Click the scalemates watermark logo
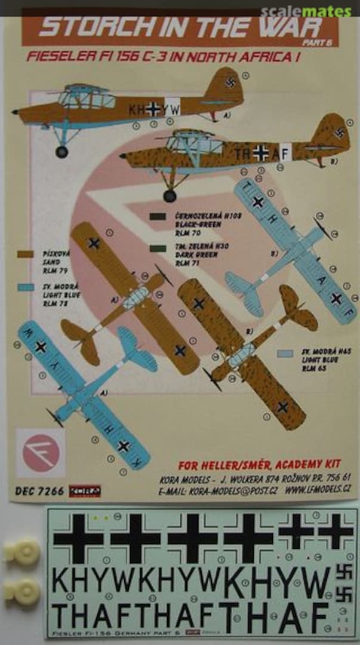click(x=314, y=11)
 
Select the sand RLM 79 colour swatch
click(x=26, y=254)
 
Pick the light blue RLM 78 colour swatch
click(x=26, y=287)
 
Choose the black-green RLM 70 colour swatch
click(x=158, y=216)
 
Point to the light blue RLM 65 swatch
click(x=285, y=354)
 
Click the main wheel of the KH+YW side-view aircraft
click(x=61, y=152)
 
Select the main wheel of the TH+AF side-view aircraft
click(x=170, y=195)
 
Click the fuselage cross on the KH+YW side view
click(x=153, y=109)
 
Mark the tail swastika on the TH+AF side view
click(x=340, y=133)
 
